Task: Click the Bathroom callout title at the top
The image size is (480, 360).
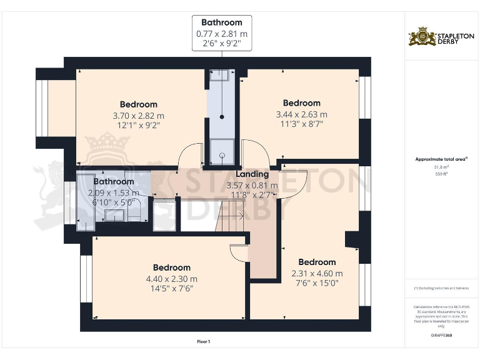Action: [221, 22]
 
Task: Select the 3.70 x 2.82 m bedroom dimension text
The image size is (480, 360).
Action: [138, 116]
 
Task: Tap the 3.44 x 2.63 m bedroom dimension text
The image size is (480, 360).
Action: [301, 114]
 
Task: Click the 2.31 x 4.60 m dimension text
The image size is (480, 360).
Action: [317, 273]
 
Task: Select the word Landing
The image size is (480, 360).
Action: [252, 174]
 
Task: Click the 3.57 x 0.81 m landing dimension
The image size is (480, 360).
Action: [252, 185]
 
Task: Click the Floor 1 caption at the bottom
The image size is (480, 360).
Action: [203, 342]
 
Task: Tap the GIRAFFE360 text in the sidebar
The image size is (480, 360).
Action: [441, 336]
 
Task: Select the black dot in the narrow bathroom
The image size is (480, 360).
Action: [221, 116]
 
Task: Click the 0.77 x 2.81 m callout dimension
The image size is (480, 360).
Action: [221, 34]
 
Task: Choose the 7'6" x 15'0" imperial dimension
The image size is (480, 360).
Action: [317, 282]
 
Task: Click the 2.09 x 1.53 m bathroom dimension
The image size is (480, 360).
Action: [114, 192]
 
